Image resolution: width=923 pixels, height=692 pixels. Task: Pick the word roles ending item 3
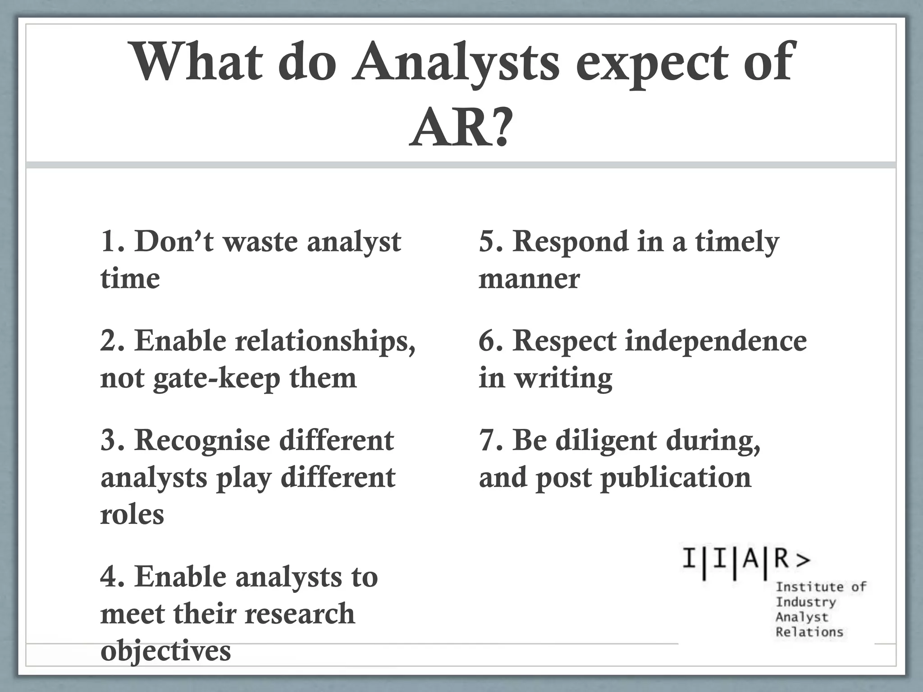tap(132, 514)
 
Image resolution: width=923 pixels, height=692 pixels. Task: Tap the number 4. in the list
tap(113, 577)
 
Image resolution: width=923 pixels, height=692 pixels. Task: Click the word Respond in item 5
tap(571, 242)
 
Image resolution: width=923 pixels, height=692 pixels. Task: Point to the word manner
tap(529, 279)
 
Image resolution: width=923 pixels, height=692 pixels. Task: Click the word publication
tap(676, 478)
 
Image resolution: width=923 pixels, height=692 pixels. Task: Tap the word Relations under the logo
tap(809, 632)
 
